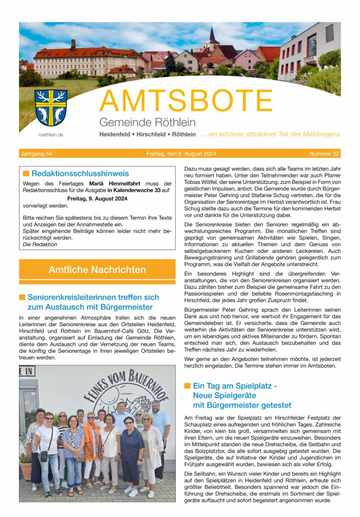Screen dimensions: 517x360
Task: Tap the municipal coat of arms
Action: (51, 108)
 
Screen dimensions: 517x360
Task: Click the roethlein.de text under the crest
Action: (51, 134)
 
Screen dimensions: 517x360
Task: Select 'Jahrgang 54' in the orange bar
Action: (36, 154)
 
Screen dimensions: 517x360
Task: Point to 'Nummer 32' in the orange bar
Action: (324, 154)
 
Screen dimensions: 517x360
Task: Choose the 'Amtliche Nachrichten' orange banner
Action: (97, 269)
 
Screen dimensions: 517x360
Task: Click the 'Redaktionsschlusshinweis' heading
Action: (80, 173)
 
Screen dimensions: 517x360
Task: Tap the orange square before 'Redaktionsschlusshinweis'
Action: (26, 173)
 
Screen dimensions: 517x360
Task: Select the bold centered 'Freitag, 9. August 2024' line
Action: (97, 198)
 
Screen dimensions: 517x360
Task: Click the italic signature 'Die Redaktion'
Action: (40, 244)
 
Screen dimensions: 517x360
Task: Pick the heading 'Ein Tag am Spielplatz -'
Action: (235, 385)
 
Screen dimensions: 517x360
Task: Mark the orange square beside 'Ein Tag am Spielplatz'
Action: (187, 385)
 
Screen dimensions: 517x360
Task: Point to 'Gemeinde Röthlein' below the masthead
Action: (147, 122)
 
